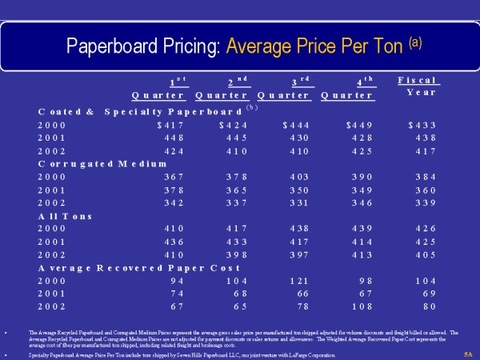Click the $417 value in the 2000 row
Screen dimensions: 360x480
(x=170, y=125)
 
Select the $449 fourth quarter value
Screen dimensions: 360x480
(x=360, y=125)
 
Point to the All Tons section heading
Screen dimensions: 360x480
(x=66, y=216)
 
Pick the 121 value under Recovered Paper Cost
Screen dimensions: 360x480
(x=298, y=281)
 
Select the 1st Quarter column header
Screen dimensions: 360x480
(x=158, y=88)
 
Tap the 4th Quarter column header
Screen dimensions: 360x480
(x=348, y=88)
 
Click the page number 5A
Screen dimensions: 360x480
(x=468, y=353)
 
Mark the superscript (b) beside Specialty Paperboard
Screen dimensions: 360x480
(x=250, y=107)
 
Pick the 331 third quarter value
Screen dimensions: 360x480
(x=298, y=202)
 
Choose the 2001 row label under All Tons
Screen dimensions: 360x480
(x=51, y=242)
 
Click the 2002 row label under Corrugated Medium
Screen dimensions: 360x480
(x=51, y=202)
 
